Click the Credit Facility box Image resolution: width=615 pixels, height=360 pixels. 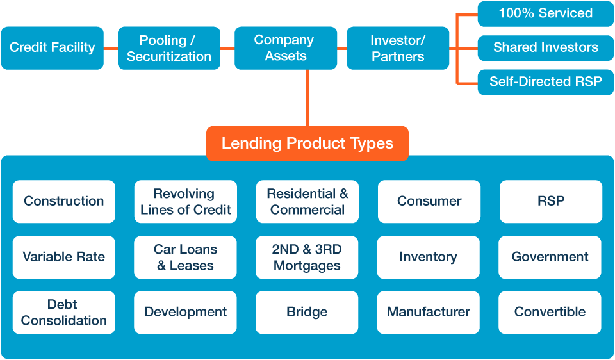click(52, 47)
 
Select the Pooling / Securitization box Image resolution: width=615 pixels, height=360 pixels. click(169, 48)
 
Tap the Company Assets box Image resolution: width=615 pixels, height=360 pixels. click(285, 48)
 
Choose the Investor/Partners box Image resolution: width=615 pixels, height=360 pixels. click(398, 48)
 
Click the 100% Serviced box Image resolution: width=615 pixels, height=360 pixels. click(545, 13)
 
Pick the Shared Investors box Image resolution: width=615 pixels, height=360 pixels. click(545, 47)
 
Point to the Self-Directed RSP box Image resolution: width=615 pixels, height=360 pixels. click(545, 82)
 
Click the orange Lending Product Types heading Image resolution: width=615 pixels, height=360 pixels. click(307, 143)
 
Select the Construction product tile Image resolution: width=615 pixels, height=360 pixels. click(64, 201)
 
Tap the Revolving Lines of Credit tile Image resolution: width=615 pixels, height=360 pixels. click(186, 201)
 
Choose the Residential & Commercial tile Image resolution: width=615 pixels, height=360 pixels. click(307, 201)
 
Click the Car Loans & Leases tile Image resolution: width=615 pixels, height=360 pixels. click(186, 257)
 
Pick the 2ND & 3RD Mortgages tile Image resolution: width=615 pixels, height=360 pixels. click(307, 257)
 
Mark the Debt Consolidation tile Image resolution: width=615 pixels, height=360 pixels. click(64, 312)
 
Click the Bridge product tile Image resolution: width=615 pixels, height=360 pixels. click(307, 312)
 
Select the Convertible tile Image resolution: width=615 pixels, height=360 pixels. click(550, 312)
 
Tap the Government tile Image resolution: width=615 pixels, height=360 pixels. click(550, 257)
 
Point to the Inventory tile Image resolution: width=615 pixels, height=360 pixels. click(428, 257)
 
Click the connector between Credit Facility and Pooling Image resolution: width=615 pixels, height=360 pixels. click(111, 48)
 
